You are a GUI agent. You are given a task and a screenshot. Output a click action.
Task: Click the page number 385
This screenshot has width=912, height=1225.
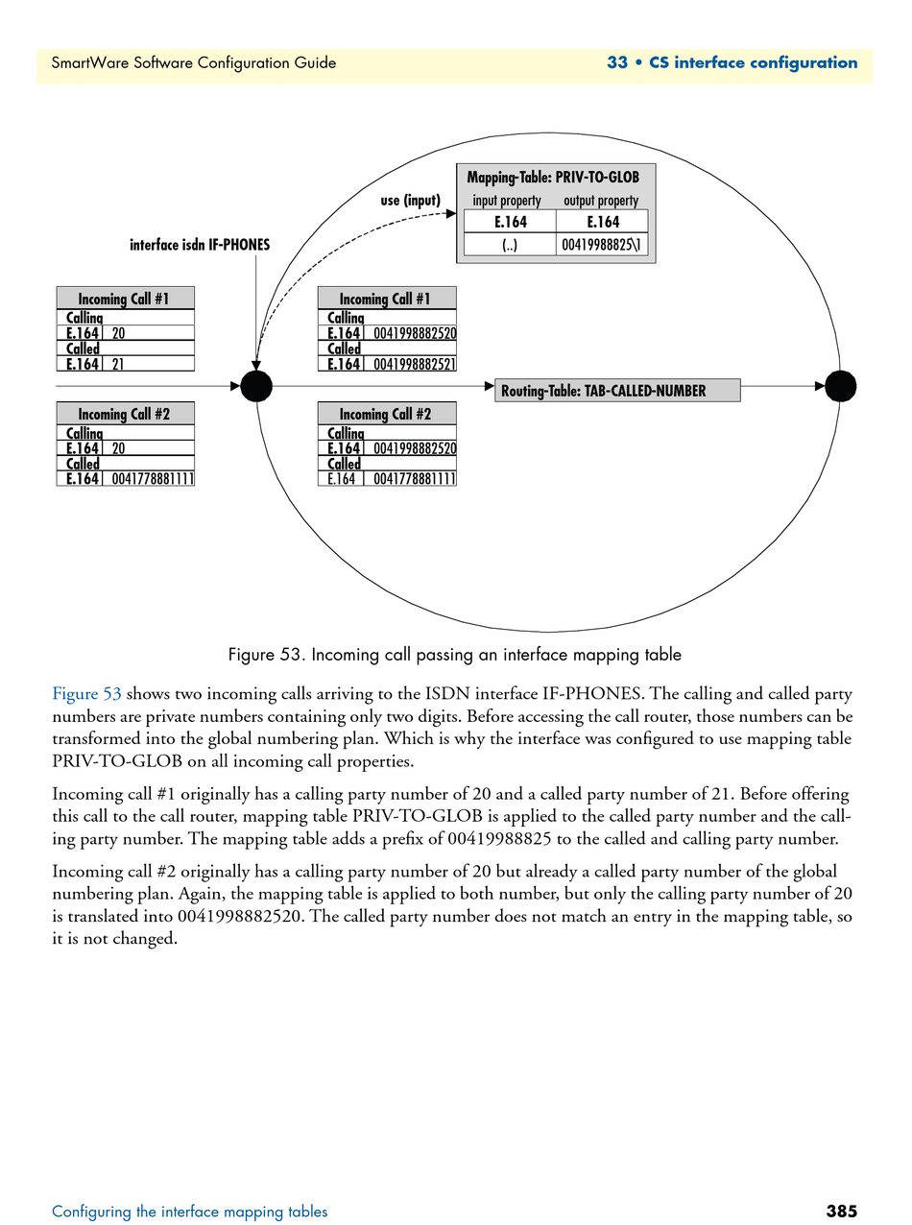(841, 1211)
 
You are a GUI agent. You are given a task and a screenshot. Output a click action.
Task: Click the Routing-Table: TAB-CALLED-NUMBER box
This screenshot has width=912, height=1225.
(617, 391)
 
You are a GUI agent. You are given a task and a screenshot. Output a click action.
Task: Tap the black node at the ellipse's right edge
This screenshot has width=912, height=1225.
(840, 386)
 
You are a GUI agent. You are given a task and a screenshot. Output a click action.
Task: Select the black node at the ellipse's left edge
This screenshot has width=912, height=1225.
(256, 386)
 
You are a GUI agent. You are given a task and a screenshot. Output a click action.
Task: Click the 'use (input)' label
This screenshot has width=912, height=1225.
(410, 201)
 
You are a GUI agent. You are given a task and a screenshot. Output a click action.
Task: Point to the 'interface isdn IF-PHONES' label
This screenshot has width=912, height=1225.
(200, 245)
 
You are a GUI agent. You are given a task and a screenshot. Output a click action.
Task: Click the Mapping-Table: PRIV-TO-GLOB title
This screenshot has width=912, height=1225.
(553, 178)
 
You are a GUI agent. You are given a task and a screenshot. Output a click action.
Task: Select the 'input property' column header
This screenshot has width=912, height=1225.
(507, 201)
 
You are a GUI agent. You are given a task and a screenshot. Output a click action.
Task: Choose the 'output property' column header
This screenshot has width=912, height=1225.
(601, 201)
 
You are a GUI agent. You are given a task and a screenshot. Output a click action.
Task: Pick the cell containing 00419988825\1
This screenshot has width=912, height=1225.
(602, 245)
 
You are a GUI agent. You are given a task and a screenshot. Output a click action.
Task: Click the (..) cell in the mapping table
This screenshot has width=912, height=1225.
(510, 245)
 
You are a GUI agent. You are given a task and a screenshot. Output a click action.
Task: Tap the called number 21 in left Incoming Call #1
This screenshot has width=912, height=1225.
(118, 365)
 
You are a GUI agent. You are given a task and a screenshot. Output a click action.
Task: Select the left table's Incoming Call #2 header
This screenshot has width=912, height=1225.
(125, 414)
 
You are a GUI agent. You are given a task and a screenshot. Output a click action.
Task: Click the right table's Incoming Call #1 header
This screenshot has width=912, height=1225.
(386, 299)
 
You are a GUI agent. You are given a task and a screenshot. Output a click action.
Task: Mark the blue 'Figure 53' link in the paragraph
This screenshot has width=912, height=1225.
(86, 693)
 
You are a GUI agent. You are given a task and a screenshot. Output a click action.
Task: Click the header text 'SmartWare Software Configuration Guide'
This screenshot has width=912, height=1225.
(194, 63)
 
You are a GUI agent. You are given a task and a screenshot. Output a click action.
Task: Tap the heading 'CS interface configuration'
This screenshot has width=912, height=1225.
(754, 63)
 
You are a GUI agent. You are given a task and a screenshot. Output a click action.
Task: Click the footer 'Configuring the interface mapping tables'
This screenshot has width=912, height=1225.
(190, 1212)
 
